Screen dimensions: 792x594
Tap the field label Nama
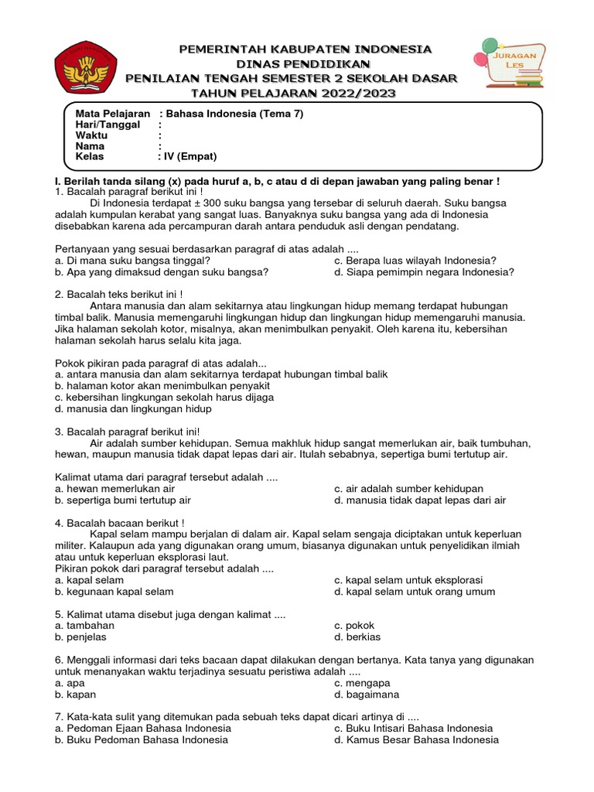point(90,145)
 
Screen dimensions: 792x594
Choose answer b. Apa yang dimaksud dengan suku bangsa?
point(162,271)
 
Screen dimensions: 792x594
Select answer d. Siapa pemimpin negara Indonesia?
point(424,271)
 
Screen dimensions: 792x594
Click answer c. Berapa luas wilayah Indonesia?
point(415,260)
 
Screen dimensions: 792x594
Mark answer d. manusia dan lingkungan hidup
point(134,408)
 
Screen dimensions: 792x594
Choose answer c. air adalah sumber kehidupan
point(408,489)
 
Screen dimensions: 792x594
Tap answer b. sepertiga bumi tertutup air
point(123,500)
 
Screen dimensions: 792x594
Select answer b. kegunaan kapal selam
point(114,592)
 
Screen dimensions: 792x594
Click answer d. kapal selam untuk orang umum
point(415,592)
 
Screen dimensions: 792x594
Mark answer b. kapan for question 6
point(76,695)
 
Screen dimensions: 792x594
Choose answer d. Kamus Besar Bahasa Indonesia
point(416,739)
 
